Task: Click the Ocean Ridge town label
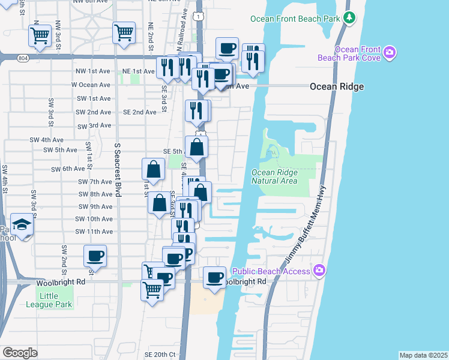(337, 86)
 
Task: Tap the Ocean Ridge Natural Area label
(274, 176)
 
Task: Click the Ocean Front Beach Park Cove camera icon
(390, 53)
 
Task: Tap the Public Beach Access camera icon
(319, 271)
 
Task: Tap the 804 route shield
(23, 58)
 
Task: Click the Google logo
(20, 352)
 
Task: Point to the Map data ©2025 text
(423, 355)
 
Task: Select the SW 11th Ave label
(94, 231)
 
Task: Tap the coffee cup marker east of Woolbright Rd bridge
(215, 277)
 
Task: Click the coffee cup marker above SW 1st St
(95, 256)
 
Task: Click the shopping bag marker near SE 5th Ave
(197, 146)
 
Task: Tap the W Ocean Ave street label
(91, 85)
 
